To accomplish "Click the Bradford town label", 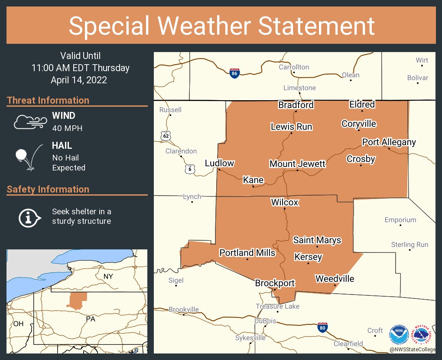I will (x=296, y=105).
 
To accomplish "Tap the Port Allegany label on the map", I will (x=389, y=142).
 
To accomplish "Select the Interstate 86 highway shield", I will (x=234, y=73).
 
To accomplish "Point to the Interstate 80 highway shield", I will (x=322, y=327).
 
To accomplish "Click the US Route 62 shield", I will (x=166, y=136).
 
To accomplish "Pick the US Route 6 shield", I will (x=190, y=169).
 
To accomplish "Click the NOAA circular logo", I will (x=399, y=334).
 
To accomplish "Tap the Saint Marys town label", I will (x=317, y=240).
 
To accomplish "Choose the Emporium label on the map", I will (x=400, y=220).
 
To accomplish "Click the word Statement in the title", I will (x=317, y=26).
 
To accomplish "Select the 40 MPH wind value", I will (x=67, y=128).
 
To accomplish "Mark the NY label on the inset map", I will (x=108, y=276).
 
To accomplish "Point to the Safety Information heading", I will (x=48, y=189).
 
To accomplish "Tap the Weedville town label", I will (x=335, y=278).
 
